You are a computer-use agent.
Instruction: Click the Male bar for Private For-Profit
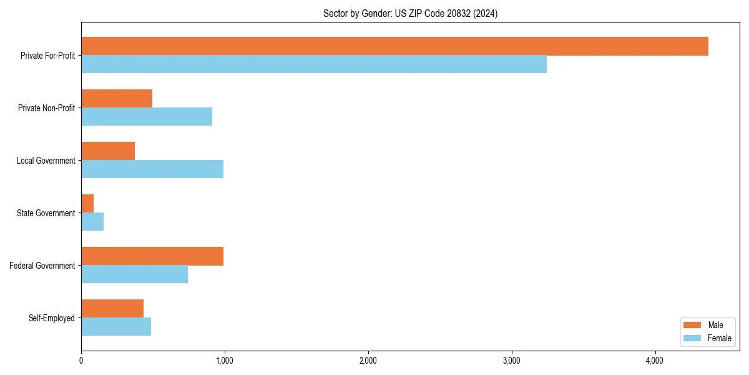click(394, 46)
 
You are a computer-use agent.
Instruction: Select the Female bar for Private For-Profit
click(314, 64)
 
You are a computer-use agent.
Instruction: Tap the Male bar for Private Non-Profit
click(117, 99)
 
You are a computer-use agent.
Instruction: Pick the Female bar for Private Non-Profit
click(147, 117)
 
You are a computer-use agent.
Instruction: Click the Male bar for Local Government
click(108, 151)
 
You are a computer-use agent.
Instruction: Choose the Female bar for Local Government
click(152, 169)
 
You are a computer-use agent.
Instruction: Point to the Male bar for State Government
click(87, 204)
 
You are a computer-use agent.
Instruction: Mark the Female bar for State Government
click(92, 222)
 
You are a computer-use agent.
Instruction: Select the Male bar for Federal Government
click(152, 256)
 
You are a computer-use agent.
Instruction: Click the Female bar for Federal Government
click(134, 274)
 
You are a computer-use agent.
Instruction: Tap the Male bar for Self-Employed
click(112, 309)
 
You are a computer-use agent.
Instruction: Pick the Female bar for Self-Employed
click(116, 327)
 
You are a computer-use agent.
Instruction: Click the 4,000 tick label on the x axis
click(655, 361)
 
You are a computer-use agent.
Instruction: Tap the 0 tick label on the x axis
click(81, 361)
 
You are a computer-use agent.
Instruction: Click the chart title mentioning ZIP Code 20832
click(410, 13)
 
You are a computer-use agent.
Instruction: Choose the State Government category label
click(46, 213)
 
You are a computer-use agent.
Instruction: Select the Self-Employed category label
click(52, 318)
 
